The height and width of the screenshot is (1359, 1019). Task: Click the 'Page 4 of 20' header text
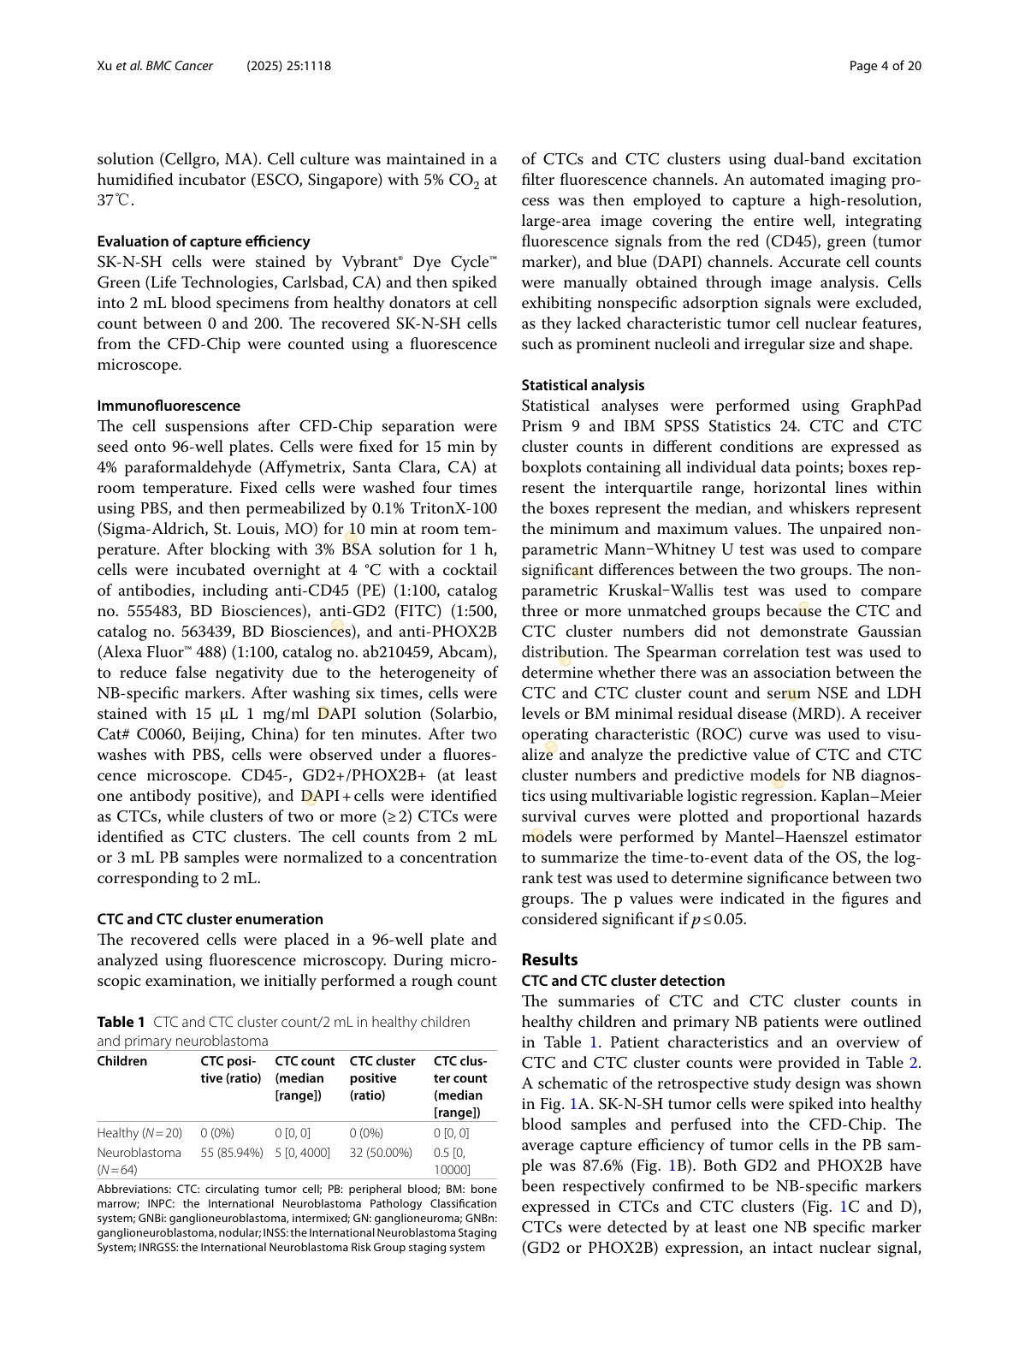(x=886, y=66)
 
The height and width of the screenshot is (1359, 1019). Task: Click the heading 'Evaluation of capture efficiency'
(x=204, y=241)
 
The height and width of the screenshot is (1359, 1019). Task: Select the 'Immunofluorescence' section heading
(x=169, y=406)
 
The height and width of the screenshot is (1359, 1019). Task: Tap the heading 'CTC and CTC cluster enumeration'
(x=210, y=919)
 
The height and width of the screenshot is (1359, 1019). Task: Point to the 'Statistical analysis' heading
(x=583, y=385)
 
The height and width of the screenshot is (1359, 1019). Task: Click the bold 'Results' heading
(x=549, y=959)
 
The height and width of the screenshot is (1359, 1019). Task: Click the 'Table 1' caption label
(x=121, y=1022)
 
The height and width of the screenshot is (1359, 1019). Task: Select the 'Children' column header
(x=122, y=1061)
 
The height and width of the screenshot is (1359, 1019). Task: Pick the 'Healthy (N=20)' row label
(x=139, y=1133)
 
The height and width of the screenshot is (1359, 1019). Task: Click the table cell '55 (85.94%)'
(x=232, y=1153)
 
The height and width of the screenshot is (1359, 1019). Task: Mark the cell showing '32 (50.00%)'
(x=381, y=1153)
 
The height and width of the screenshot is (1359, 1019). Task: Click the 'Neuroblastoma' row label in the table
(x=139, y=1153)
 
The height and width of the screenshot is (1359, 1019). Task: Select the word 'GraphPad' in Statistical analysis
(x=886, y=406)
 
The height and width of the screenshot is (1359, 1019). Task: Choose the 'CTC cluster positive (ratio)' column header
(x=382, y=1078)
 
